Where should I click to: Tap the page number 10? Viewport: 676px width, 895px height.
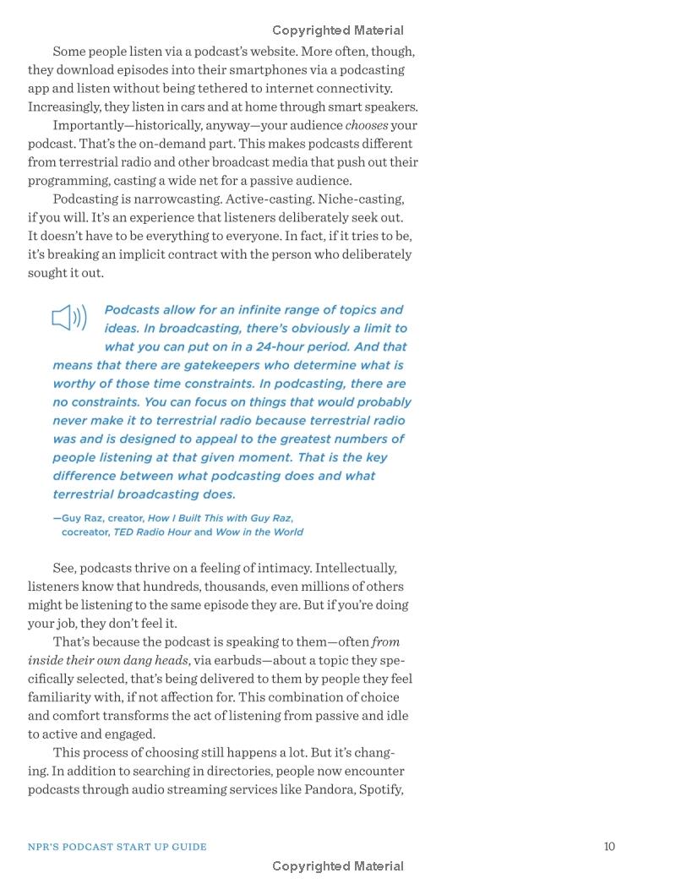[609, 846]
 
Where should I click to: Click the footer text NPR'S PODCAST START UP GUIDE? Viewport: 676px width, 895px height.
[117, 846]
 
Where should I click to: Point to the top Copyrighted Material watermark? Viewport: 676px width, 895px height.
[338, 30]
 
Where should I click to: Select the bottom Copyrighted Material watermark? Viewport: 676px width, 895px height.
[338, 865]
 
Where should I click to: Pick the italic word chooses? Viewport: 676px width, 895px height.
[367, 125]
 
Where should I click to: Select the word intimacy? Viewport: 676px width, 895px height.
[280, 568]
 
